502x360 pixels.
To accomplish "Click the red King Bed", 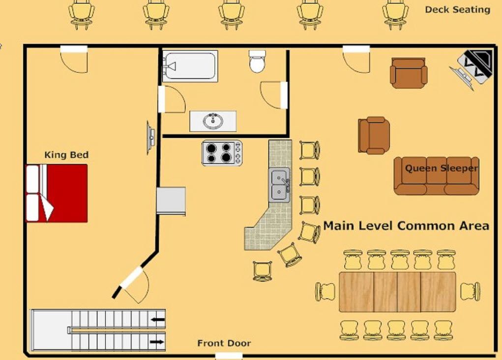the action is click(x=57, y=193).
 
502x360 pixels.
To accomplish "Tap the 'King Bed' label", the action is click(x=66, y=155).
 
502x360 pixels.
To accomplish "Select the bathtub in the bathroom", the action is click(x=190, y=66).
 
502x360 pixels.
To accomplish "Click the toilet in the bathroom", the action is click(x=258, y=61).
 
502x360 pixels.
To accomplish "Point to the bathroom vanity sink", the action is click(x=213, y=121).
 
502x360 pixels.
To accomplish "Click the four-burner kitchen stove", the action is click(x=222, y=153).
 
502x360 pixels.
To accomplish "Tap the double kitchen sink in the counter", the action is click(x=279, y=185).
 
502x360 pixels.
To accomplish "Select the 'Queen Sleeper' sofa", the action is click(x=437, y=176).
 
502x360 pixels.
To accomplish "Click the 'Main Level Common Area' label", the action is click(x=406, y=226).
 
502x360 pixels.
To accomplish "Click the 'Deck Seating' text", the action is click(x=457, y=10).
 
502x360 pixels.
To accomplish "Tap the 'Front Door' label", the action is click(x=224, y=343).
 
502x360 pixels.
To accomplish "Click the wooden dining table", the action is click(x=397, y=292).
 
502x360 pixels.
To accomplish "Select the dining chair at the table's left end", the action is click(x=325, y=292).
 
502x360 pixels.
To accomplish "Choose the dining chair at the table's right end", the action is click(x=471, y=292).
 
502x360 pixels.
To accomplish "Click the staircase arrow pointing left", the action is click(x=158, y=320).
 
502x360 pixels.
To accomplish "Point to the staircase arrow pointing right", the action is click(x=156, y=342).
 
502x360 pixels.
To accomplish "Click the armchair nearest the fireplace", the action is click(x=409, y=73).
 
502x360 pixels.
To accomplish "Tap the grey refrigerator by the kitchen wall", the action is click(x=171, y=201).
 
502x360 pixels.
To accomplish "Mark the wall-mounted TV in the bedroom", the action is click(x=150, y=137).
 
